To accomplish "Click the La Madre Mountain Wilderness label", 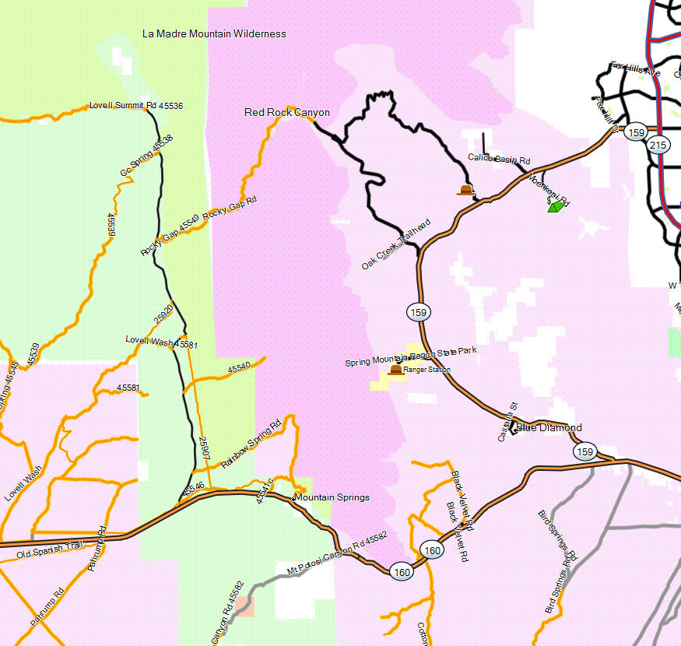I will (x=214, y=33).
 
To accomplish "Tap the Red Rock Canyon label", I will (x=287, y=113).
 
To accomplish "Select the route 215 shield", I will (x=658, y=145).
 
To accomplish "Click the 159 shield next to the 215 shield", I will (x=637, y=132).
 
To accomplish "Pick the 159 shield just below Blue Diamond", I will (x=584, y=451).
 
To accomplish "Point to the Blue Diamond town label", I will (x=549, y=428).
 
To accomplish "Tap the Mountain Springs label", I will (x=331, y=497).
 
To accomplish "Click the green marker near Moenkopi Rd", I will (x=556, y=206).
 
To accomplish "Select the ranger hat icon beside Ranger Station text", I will (x=396, y=370).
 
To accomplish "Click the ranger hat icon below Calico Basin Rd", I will (x=465, y=190).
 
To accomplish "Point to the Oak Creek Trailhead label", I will (x=395, y=245).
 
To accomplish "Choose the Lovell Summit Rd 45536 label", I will (x=136, y=105).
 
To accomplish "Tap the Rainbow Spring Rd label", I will (x=251, y=445).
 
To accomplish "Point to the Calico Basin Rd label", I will (x=499, y=158).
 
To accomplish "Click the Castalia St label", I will (x=507, y=423).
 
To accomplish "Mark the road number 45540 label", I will (x=239, y=367).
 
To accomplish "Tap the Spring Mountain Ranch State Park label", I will (x=411, y=357).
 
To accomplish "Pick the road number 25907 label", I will (x=204, y=451).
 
